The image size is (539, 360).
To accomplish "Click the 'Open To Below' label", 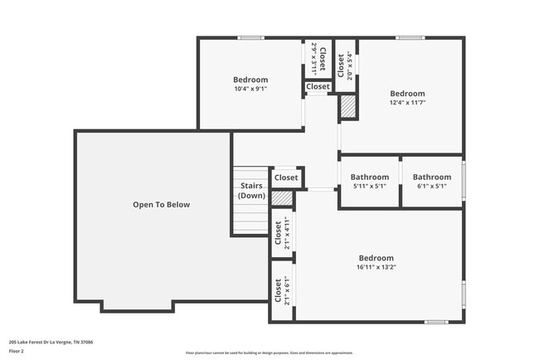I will (162, 204).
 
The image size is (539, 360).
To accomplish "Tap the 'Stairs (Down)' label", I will (251, 191).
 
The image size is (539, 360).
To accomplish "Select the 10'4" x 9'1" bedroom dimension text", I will (250, 89).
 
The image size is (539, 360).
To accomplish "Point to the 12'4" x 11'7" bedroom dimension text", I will (407, 103).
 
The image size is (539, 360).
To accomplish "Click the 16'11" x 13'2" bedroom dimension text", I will (376, 267).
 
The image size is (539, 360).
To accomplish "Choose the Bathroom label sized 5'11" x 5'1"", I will (369, 186).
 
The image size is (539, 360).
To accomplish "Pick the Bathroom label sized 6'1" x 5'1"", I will (432, 186).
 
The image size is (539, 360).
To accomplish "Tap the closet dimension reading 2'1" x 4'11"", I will (287, 233).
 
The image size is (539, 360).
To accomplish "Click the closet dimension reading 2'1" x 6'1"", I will (287, 290).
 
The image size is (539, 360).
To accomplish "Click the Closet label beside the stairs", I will (286, 178).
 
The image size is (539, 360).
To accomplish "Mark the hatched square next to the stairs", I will (283, 198).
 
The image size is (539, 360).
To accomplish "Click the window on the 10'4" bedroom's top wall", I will (250, 37).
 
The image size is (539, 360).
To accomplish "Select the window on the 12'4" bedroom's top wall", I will (409, 37).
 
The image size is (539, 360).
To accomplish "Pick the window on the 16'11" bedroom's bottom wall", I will (436, 321).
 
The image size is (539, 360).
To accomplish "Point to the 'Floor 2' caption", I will (17, 351).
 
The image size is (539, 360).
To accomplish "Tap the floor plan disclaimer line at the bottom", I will (269, 352).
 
